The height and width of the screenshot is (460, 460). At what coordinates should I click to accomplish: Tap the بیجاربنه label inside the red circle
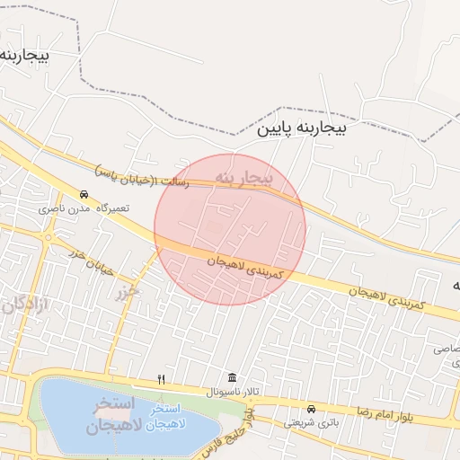(243, 177)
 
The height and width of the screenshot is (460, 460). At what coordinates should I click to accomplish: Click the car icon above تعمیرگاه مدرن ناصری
(84, 194)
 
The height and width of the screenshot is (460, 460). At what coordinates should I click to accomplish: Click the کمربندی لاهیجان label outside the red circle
(395, 297)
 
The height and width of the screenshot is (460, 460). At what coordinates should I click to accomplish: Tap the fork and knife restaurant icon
(162, 379)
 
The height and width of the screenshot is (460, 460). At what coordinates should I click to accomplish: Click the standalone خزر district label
(128, 292)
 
